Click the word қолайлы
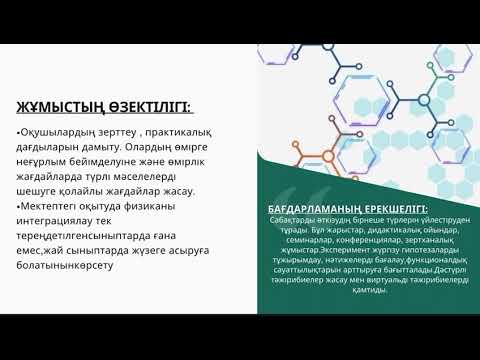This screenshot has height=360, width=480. (x=88, y=208)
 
